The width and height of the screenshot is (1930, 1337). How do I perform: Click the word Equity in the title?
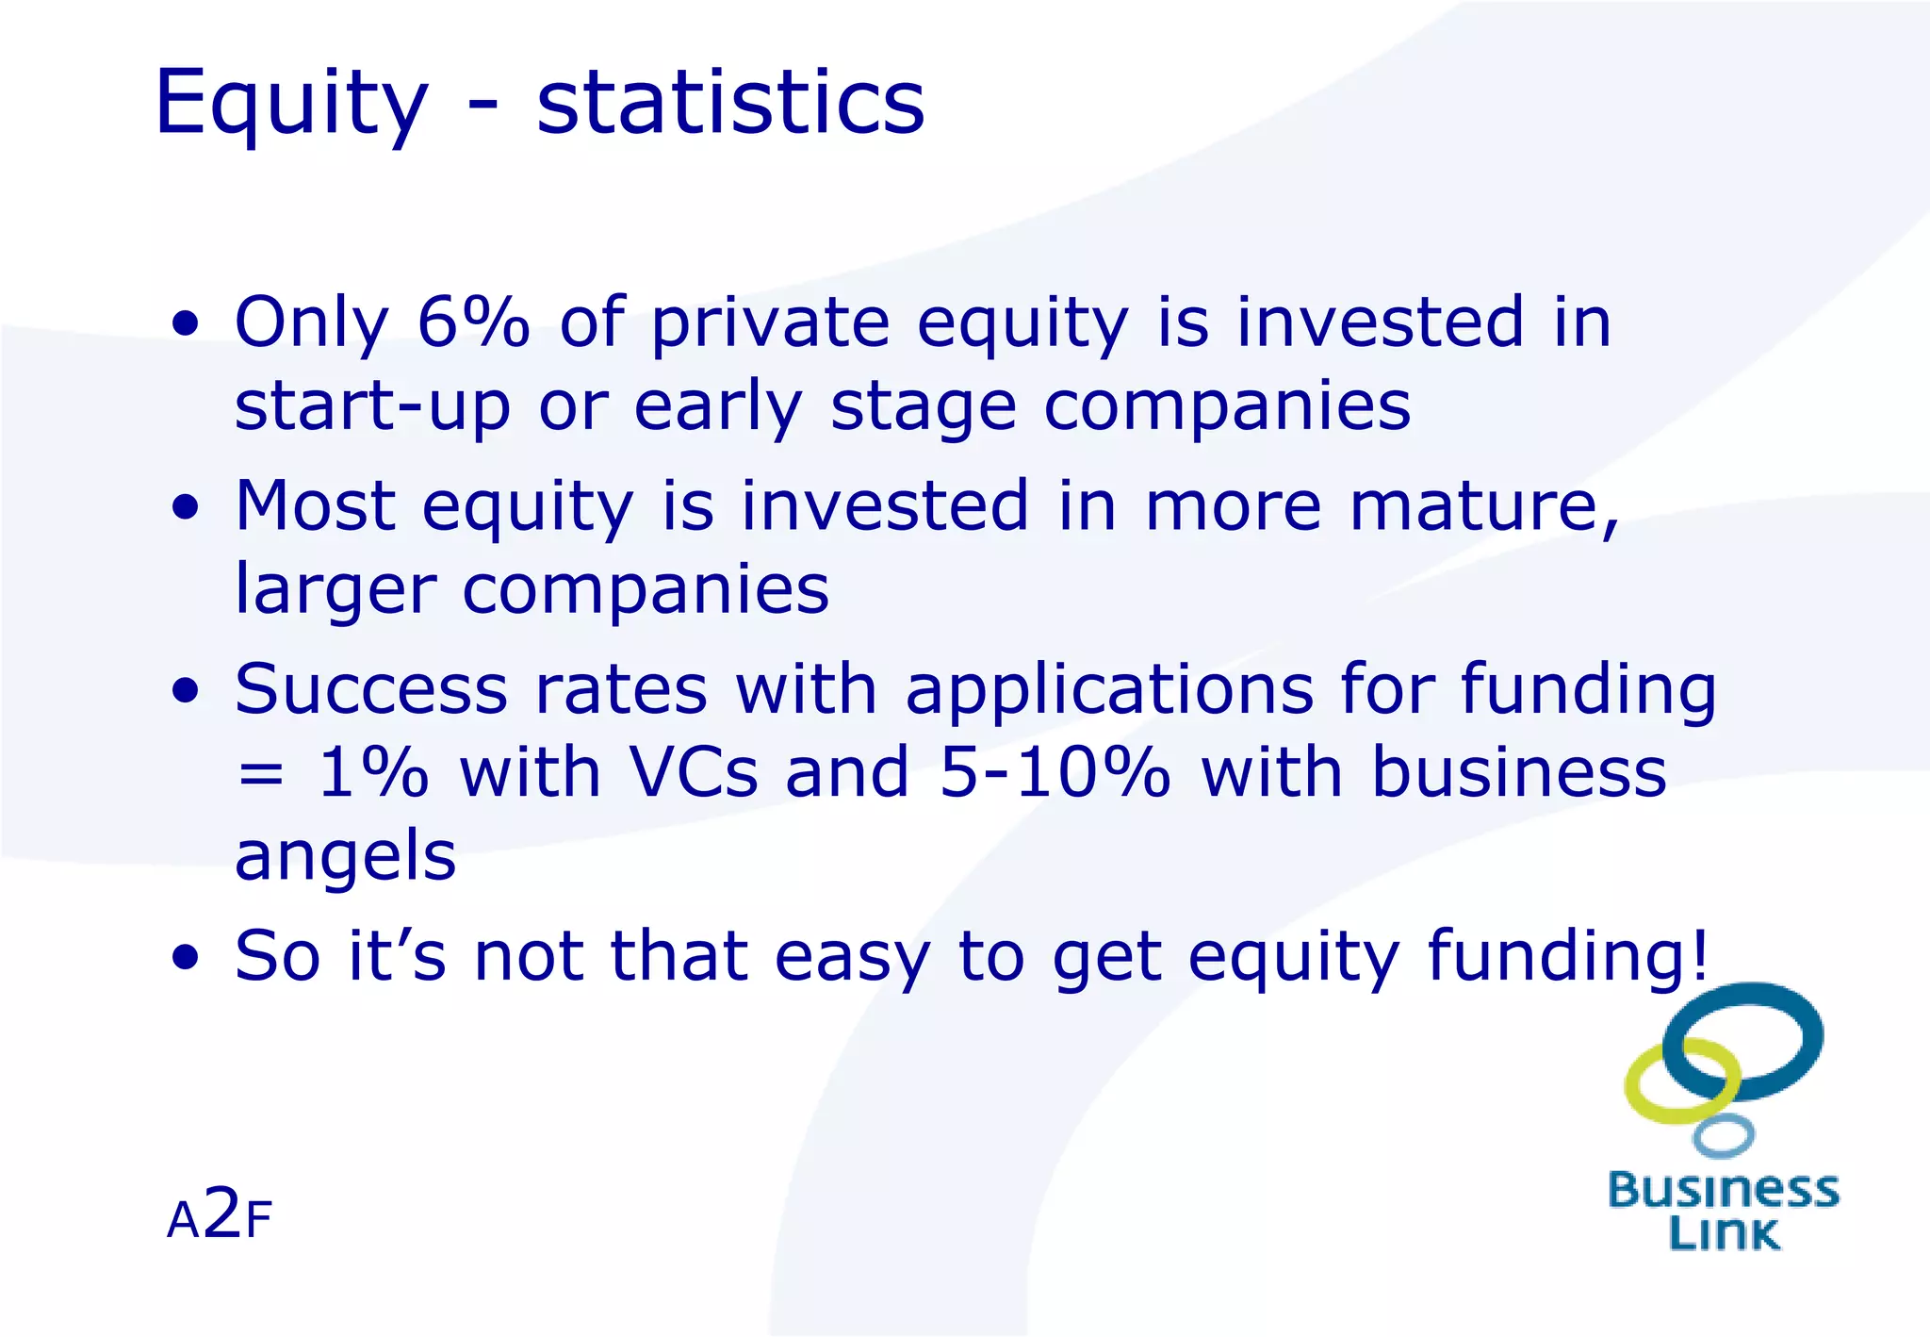(290, 104)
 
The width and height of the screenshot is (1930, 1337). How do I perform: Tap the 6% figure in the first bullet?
(473, 322)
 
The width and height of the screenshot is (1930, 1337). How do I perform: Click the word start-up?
(372, 407)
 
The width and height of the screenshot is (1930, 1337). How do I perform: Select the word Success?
(371, 689)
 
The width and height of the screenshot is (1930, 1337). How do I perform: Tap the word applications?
(1108, 691)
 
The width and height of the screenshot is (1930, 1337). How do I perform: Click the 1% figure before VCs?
(373, 772)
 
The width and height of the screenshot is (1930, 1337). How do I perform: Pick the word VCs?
(693, 772)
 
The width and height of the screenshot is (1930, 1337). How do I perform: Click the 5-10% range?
(1055, 772)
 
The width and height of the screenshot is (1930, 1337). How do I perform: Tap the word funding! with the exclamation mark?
(1566, 956)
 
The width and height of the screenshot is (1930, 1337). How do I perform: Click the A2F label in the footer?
(220, 1216)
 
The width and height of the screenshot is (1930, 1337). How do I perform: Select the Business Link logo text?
(1723, 1212)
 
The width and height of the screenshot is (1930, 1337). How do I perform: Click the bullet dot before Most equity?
(187, 507)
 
